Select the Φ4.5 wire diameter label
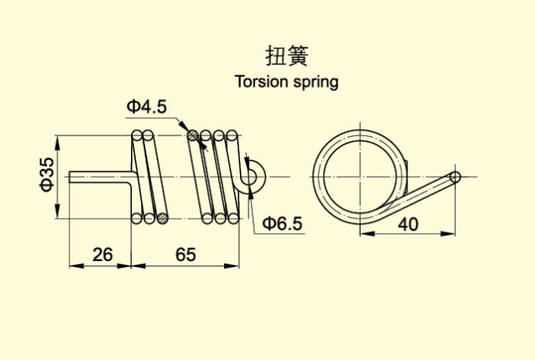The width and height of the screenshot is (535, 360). pos(147,106)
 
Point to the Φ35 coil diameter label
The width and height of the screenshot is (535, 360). pos(47,174)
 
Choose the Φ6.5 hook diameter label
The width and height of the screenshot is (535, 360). pos(282,223)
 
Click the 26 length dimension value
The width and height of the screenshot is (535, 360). pos(101,253)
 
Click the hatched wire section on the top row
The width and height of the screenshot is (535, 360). pos(194,134)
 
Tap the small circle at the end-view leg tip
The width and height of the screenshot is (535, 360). pos(455,177)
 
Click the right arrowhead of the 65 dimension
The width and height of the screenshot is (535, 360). pos(237,265)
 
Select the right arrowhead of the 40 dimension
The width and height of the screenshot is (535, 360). pos(455,234)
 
